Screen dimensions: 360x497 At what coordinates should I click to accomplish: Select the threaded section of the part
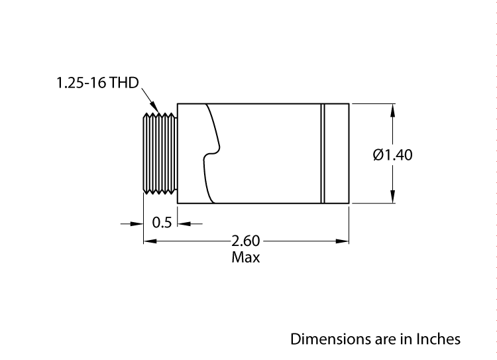(x=160, y=153)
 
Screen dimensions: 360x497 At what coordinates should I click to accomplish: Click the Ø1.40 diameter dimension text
(x=393, y=155)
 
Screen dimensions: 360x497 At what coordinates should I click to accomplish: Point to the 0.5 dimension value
(x=162, y=223)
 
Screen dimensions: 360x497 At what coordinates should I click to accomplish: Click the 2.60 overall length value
(x=245, y=241)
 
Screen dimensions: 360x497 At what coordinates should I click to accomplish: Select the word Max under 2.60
(x=245, y=257)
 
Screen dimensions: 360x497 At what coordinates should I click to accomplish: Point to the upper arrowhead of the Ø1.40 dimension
(x=394, y=110)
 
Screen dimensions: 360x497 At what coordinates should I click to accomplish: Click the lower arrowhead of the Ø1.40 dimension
(x=394, y=197)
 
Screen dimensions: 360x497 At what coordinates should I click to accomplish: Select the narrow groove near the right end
(x=323, y=153)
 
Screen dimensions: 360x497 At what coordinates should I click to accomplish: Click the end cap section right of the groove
(x=337, y=153)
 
